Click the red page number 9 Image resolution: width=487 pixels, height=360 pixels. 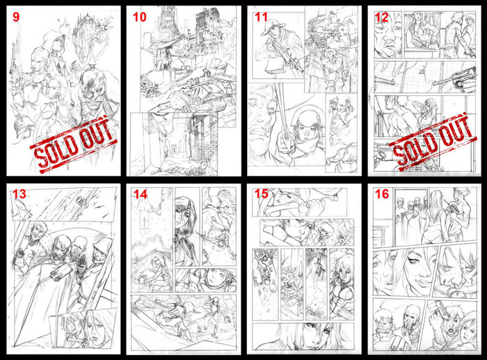(16, 17)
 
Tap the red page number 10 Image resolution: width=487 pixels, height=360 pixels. (139, 17)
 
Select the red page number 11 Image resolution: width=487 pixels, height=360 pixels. (261, 17)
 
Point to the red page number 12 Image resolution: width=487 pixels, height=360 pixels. (382, 17)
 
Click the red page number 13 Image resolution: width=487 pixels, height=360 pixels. (19, 194)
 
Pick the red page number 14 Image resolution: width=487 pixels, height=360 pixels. (140, 194)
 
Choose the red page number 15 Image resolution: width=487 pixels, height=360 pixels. (261, 194)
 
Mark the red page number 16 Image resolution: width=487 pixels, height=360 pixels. (382, 194)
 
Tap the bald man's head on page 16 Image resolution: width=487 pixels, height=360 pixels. (412, 313)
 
